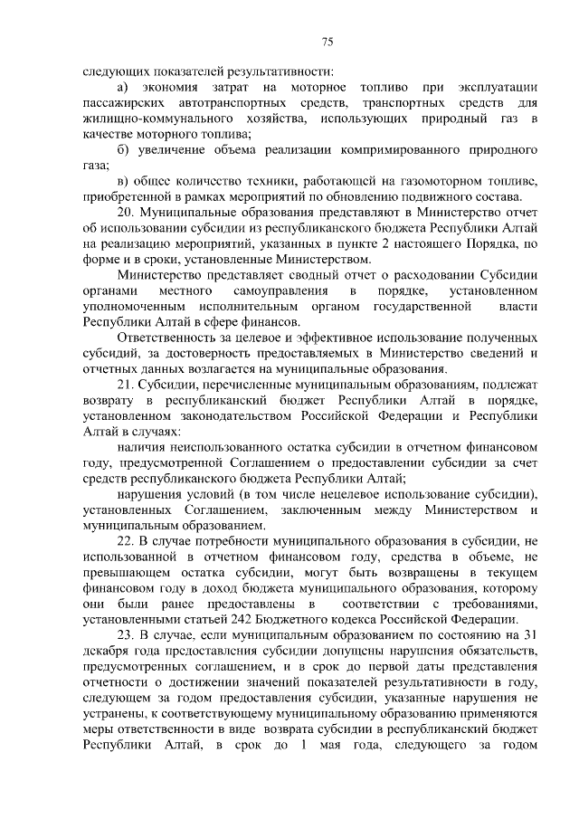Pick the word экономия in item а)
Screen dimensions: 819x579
click(x=176, y=87)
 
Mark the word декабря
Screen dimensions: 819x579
click(x=105, y=651)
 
